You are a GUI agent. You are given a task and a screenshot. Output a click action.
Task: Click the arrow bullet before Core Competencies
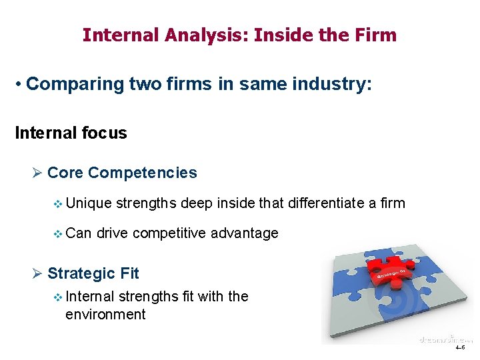click(x=37, y=173)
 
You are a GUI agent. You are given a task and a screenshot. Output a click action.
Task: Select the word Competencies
click(x=142, y=173)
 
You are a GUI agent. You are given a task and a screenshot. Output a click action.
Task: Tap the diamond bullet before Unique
click(x=57, y=203)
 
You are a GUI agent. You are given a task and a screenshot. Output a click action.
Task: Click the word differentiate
click(x=326, y=203)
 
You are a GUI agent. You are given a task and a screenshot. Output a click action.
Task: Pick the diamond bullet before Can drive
click(x=57, y=233)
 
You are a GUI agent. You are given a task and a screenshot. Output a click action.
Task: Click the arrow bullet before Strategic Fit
click(x=37, y=273)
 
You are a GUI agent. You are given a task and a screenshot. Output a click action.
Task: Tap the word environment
click(x=105, y=314)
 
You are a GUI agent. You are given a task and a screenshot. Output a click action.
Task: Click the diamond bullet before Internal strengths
click(x=57, y=297)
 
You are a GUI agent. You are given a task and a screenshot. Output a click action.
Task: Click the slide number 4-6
click(x=461, y=348)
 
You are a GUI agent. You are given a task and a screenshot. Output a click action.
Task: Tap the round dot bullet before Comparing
click(x=21, y=85)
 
